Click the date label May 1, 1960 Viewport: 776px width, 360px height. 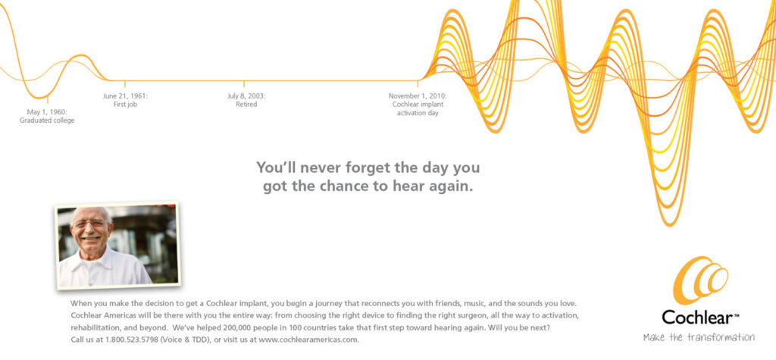tap(47, 112)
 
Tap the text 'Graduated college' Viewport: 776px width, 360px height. tap(47, 121)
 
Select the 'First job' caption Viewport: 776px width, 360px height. tap(125, 105)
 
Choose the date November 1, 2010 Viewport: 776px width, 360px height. tap(418, 96)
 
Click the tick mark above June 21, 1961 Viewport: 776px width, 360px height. tap(125, 84)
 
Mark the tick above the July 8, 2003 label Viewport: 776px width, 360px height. tap(244, 84)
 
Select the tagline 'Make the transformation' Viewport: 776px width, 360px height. tap(698, 337)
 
